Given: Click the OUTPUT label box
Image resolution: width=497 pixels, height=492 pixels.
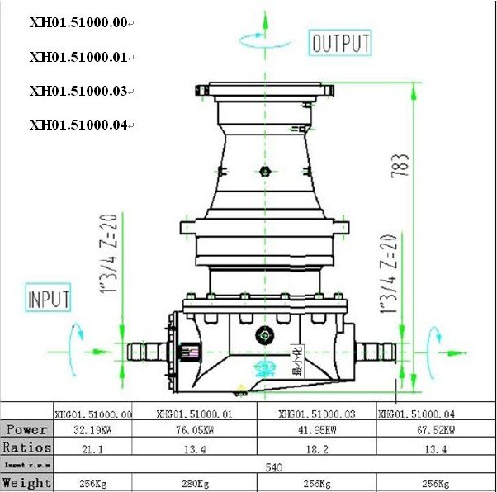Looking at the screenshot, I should point(340,43).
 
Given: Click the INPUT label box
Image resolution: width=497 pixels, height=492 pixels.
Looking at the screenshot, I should point(48,298).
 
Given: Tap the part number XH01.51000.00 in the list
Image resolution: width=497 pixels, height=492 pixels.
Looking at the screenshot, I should point(78,23).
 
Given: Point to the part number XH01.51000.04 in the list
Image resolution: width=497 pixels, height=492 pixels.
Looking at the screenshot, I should point(78,125).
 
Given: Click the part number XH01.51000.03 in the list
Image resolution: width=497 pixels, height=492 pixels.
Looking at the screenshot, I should point(78,91).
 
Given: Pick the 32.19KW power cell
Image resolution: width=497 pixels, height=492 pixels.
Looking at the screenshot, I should point(92,430).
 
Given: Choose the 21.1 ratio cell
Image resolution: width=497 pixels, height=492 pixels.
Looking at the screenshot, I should point(92,447).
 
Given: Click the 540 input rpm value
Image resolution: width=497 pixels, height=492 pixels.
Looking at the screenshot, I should point(274,466).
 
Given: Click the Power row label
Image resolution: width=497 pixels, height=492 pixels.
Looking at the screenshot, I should point(27,430).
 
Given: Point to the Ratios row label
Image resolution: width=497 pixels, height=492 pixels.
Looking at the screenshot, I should point(27,447).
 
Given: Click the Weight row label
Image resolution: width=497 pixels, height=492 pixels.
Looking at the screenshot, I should point(27,483).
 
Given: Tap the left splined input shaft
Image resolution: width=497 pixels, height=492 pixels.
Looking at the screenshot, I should point(144,353).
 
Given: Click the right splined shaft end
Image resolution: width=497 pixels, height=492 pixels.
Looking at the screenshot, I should point(376,353).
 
